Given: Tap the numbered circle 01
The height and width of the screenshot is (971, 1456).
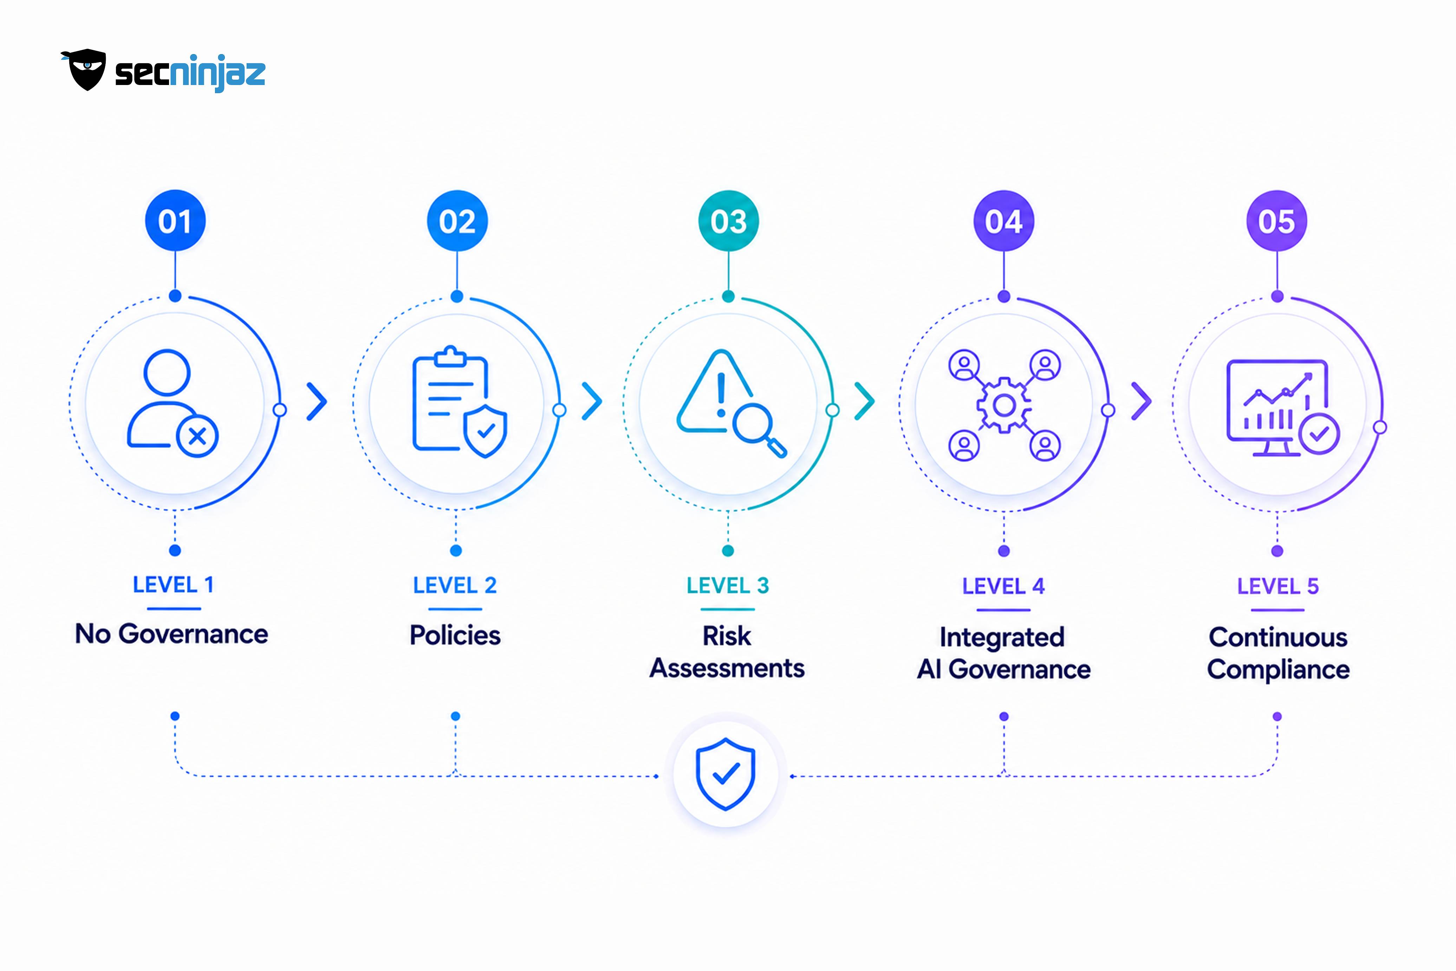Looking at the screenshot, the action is click(x=175, y=221).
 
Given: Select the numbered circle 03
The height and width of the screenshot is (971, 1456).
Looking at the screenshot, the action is click(x=728, y=221).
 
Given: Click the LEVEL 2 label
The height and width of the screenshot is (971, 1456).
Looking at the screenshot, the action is click(x=455, y=585).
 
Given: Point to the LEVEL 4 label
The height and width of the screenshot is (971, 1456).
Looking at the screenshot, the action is click(x=1003, y=586).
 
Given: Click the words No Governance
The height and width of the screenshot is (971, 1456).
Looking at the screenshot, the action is click(x=171, y=634).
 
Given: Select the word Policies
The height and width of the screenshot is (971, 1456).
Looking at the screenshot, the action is click(x=455, y=636).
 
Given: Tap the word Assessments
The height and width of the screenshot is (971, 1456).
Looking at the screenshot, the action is click(x=727, y=668).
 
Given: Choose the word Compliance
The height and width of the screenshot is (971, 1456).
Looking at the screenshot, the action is click(x=1278, y=670).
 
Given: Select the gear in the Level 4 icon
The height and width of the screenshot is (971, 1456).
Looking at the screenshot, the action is click(x=1004, y=406).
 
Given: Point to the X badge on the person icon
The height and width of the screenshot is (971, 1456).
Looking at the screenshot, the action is click(x=197, y=437).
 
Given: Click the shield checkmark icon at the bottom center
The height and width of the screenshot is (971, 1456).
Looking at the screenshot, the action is click(x=726, y=774).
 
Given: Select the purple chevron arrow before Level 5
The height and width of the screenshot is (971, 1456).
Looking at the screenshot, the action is click(x=1142, y=401).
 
